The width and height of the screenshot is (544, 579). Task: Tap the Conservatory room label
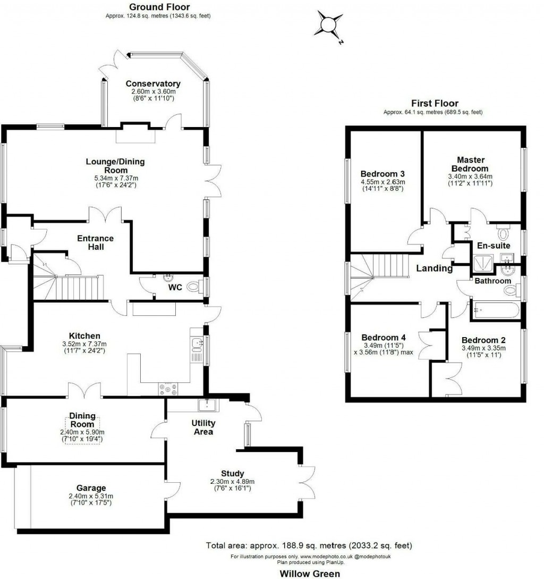pyautogui.click(x=152, y=84)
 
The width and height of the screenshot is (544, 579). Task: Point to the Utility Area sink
pyautogui.click(x=205, y=405)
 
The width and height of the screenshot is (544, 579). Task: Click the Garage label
pyautogui.click(x=87, y=488)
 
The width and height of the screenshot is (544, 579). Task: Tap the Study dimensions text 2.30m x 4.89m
pyautogui.click(x=232, y=481)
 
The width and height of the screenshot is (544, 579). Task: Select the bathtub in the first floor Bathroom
pyautogui.click(x=497, y=309)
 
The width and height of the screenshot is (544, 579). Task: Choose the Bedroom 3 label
pyautogui.click(x=382, y=174)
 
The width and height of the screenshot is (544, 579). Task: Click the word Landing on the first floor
pyautogui.click(x=434, y=268)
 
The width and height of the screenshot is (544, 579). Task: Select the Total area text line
pyautogui.click(x=308, y=546)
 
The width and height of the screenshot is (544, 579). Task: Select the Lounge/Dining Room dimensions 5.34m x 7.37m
pyautogui.click(x=115, y=178)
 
